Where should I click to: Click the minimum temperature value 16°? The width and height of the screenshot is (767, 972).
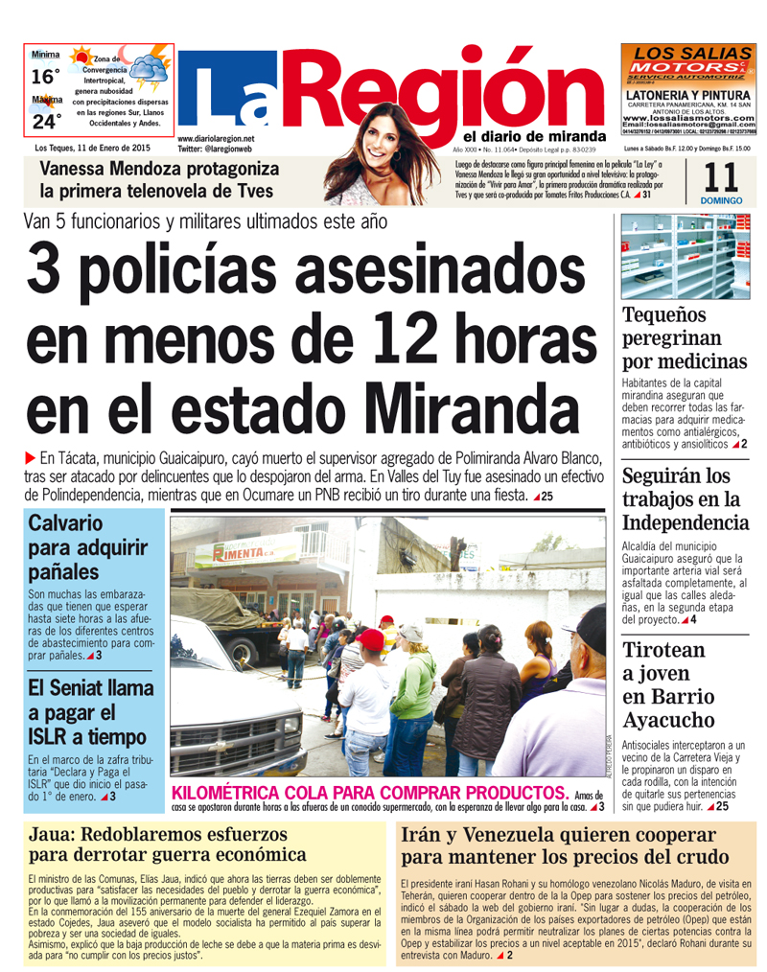point(45,77)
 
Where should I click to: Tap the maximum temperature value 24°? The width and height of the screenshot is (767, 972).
point(45,121)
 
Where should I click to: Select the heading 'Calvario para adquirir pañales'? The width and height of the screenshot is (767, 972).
point(87,548)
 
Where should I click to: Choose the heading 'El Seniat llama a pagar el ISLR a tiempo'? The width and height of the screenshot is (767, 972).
point(90,712)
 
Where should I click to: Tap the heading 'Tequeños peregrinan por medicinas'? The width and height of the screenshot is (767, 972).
point(685,338)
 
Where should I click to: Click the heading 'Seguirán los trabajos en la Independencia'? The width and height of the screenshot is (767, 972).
point(685,499)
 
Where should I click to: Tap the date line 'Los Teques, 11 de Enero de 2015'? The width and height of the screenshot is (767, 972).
point(93,148)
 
